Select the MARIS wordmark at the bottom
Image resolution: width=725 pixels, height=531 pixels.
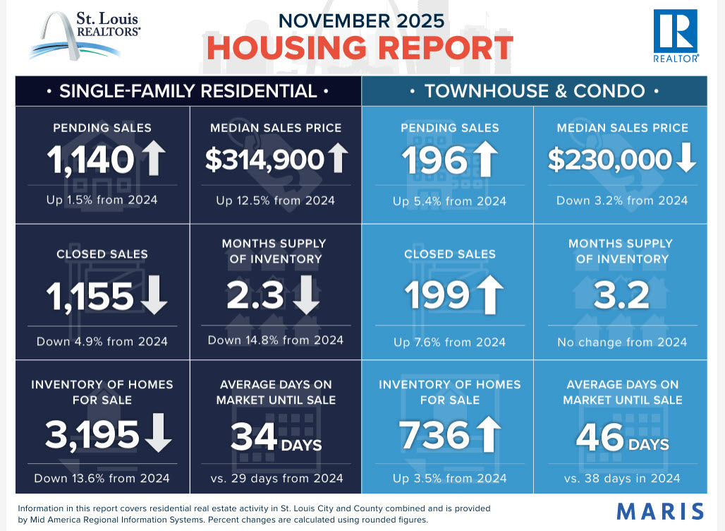[x=660, y=511]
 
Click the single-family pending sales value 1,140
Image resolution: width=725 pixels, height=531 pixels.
[x=91, y=160]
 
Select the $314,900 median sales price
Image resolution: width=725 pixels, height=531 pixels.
[x=264, y=160]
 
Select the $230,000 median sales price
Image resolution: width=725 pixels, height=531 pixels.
[x=609, y=160]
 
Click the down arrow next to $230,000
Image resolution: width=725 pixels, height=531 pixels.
[x=685, y=160]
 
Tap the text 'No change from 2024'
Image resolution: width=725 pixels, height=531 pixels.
[x=621, y=342]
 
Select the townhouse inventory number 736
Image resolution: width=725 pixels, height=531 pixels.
[x=435, y=435]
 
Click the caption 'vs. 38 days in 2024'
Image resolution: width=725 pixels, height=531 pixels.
[x=621, y=478]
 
